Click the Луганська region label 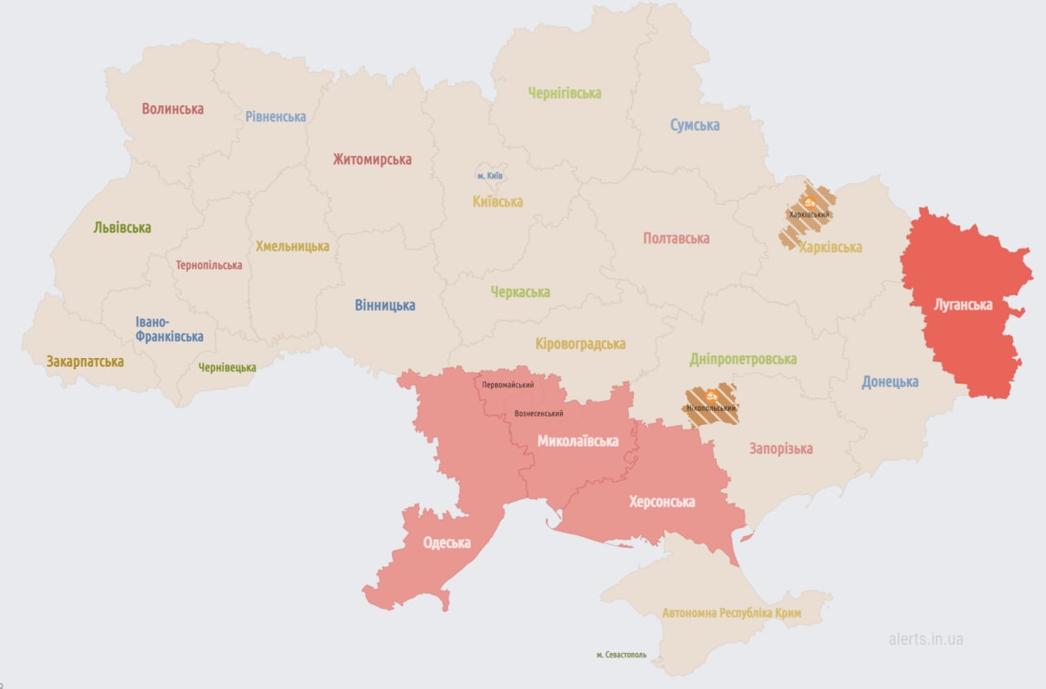point(963,305)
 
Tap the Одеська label point(447,543)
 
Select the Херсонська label point(661,502)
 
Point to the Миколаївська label point(577,441)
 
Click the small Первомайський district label point(507,385)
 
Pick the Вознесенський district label point(539,414)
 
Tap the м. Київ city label point(489,176)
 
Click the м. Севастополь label point(621,655)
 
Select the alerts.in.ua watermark point(925,639)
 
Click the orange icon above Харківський point(809,201)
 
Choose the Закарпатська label point(85,361)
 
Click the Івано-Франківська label point(169,329)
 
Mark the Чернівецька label point(227,368)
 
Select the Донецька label point(889,382)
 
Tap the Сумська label point(695,125)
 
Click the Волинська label point(172,109)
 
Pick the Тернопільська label point(208,266)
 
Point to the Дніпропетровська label point(743,359)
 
